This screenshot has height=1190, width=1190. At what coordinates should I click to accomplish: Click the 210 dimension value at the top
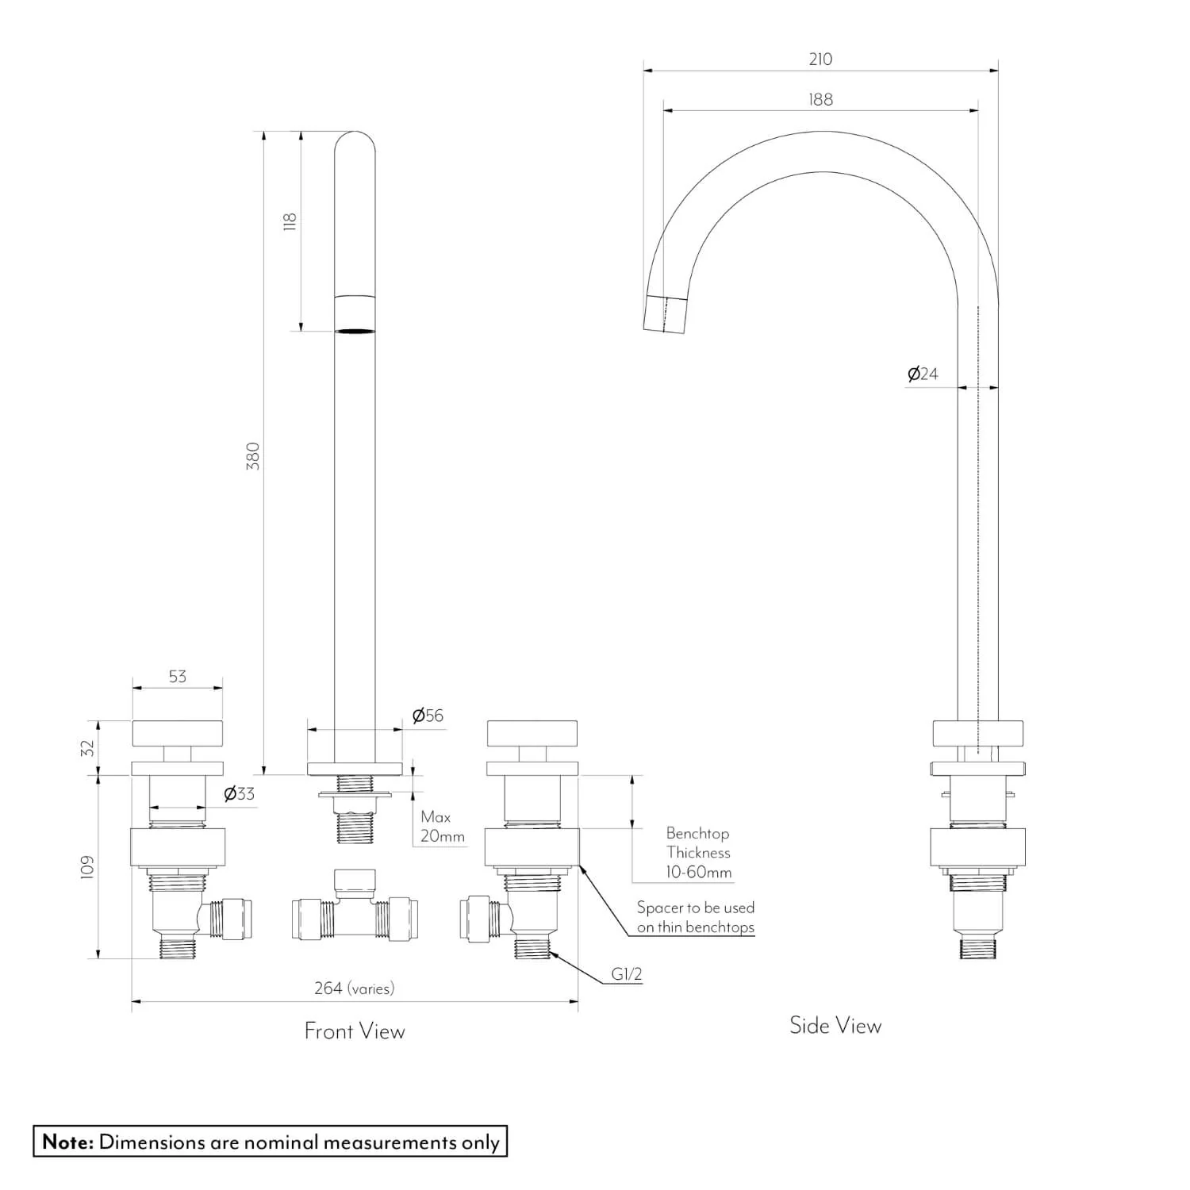point(820,59)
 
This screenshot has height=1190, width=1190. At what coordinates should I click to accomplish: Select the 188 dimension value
point(820,100)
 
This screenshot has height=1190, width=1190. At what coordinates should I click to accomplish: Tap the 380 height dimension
point(253,456)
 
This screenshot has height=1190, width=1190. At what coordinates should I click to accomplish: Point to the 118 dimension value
point(290,221)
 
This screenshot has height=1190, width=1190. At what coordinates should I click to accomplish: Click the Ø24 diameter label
point(923,374)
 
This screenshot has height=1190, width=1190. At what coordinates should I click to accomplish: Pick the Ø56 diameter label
point(428,716)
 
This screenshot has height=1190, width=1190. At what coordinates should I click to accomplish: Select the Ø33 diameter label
point(239,793)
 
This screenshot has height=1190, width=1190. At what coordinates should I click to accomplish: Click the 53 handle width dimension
point(178,677)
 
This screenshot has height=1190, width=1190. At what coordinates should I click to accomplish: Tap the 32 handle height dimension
point(88,747)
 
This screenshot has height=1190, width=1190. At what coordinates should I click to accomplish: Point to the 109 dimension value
point(88,866)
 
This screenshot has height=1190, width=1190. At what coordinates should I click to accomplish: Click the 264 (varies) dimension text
point(354,988)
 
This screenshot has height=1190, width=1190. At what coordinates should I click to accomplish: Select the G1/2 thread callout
point(626,975)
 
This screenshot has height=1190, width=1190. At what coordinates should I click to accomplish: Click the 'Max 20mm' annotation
point(442,827)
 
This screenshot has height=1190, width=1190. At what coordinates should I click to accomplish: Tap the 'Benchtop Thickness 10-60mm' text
point(698,853)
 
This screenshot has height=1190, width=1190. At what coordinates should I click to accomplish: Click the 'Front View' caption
point(355,1031)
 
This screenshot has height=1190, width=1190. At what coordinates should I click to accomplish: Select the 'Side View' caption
point(835,1026)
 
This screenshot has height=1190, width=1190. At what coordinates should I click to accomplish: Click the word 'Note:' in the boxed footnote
point(68,1142)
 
